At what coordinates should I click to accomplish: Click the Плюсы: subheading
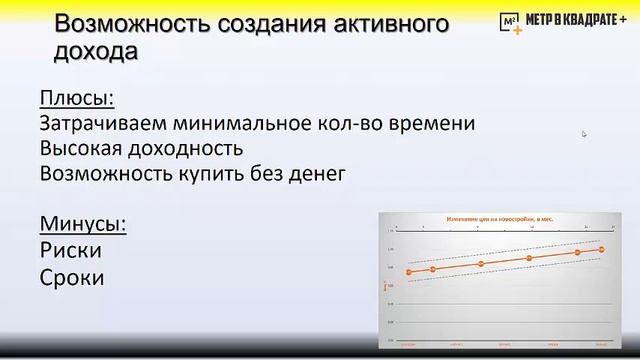pyautogui.click(x=76, y=99)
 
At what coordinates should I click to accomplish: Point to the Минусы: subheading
pyautogui.click(x=84, y=223)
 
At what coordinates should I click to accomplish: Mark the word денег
pyautogui.click(x=316, y=174)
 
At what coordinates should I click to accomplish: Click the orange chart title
pyautogui.click(x=495, y=217)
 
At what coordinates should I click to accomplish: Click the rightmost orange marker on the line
pyautogui.click(x=602, y=249)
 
